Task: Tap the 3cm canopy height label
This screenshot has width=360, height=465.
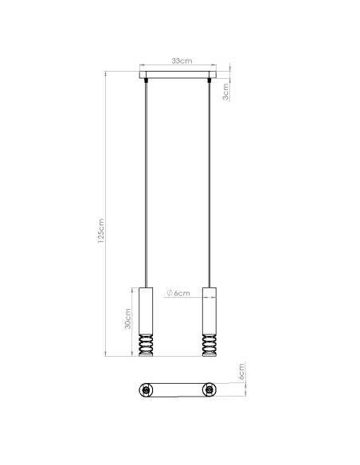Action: [227, 92]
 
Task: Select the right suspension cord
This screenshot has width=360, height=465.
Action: [209, 183]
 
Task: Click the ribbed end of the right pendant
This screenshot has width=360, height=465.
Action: [209, 344]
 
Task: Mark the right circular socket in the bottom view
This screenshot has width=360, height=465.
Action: [209, 390]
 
